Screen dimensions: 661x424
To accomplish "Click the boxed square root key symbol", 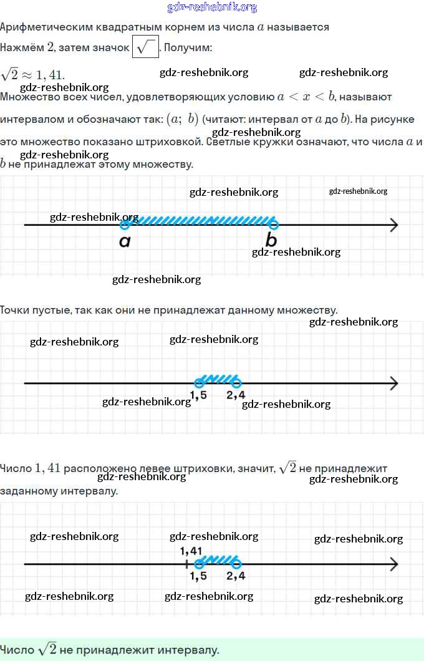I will [146, 47].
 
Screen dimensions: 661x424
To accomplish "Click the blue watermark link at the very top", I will [212, 7].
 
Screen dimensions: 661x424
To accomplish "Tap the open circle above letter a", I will [125, 224].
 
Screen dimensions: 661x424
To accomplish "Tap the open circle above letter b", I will [273, 224].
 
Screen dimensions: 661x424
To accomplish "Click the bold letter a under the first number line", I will [125, 241].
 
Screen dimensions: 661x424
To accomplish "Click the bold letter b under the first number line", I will [271, 239].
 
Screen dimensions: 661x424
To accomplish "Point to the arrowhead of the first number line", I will [393, 225].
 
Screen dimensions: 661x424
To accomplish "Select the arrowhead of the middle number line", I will [393, 383].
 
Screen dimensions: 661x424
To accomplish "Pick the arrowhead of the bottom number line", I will [393, 564].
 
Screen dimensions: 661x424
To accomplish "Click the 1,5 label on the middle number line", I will [198, 395].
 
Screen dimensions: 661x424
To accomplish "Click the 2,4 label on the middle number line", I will [236, 395].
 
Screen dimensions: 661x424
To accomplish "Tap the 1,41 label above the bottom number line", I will [191, 551].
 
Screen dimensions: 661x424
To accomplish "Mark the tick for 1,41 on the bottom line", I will [186, 564].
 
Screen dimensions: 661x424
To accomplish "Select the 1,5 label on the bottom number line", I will [198, 576].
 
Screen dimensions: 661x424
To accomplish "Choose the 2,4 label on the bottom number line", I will [236, 576].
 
